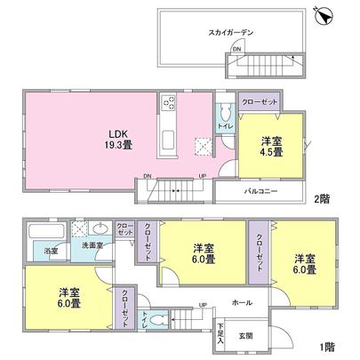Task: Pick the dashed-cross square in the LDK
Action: (x=203, y=147)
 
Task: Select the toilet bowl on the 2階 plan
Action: (x=225, y=113)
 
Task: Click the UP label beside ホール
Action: (x=202, y=305)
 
